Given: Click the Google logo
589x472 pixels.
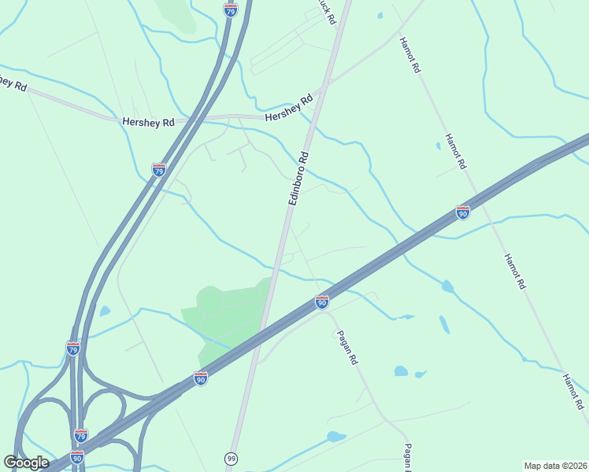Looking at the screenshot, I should (x=26, y=463).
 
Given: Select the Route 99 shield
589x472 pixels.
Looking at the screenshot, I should (x=232, y=457).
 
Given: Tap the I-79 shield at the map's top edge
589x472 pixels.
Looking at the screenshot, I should (x=230, y=9).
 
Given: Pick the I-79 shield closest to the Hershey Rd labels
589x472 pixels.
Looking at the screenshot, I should (x=159, y=170).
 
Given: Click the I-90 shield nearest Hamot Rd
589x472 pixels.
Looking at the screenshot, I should (x=463, y=212).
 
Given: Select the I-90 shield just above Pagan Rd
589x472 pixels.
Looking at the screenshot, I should (x=321, y=302).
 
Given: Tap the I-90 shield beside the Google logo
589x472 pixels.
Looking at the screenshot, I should (x=76, y=457).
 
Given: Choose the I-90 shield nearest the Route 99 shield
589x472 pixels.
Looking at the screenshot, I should (x=201, y=378).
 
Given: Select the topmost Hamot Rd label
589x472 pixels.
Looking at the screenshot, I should (x=410, y=55).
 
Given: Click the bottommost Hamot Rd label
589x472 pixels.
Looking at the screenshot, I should (x=572, y=392).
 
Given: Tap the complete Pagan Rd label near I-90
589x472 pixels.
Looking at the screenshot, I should (x=348, y=347).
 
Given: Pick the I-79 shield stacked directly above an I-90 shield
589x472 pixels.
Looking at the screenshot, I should (x=80, y=436).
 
